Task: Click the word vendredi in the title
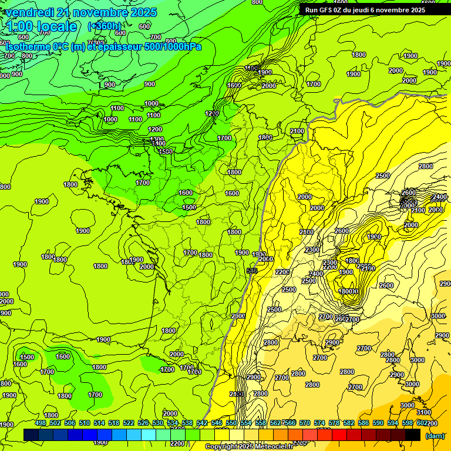click(x=29, y=12)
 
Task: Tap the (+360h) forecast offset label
click(x=104, y=26)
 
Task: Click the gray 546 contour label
click(x=252, y=270)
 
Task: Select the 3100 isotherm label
click(x=423, y=413)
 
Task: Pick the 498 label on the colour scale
click(x=41, y=423)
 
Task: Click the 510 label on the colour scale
click(x=85, y=423)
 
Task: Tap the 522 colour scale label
click(x=129, y=423)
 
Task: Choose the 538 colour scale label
click(x=187, y=423)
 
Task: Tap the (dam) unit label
click(x=435, y=436)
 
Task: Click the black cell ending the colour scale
click(x=413, y=435)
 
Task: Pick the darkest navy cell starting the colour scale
click(x=31, y=435)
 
